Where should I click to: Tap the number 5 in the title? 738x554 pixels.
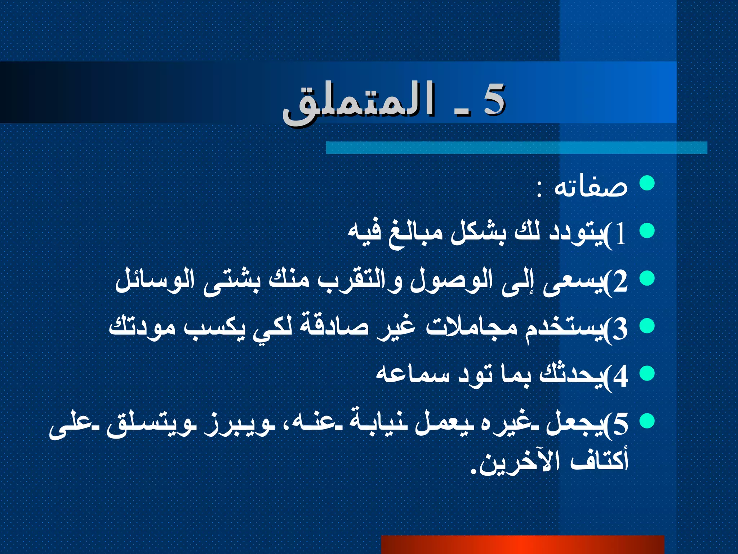coord(494,99)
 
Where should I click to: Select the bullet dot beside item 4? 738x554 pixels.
coord(647,374)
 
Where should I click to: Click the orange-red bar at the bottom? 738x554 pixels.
coord(523,545)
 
